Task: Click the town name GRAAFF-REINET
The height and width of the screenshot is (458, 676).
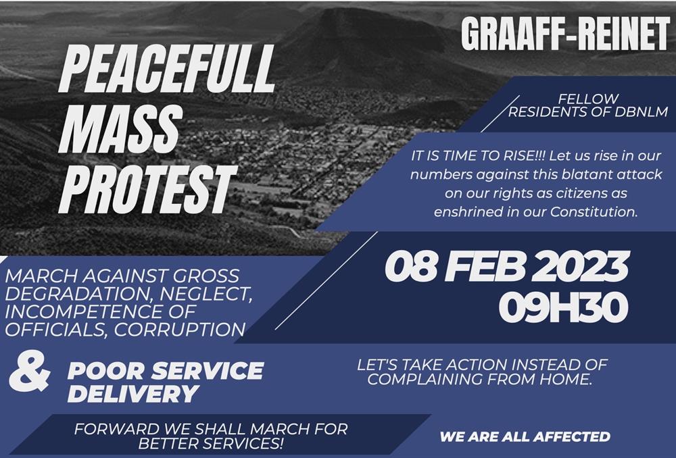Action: [x=565, y=35]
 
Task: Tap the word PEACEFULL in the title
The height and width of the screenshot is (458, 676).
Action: [x=167, y=69]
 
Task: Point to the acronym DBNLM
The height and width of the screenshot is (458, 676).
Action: [x=641, y=112]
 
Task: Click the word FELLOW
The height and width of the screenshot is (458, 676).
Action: [x=589, y=99]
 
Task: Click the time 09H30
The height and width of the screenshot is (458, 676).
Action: [x=563, y=307]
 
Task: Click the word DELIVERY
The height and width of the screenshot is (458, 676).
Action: [x=133, y=393]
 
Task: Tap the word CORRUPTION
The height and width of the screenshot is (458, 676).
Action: [x=180, y=330]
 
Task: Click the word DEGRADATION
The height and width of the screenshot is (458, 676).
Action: [x=79, y=294]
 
